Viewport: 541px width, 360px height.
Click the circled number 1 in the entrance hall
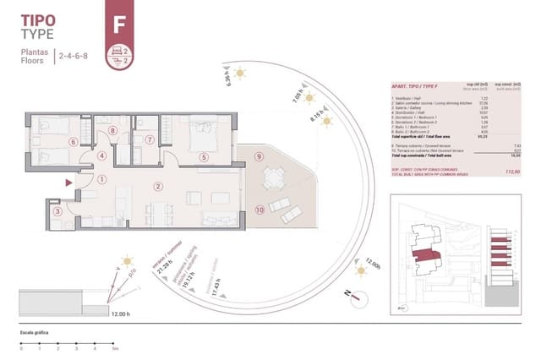click(101, 179)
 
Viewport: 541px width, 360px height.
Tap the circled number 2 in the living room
click(157, 186)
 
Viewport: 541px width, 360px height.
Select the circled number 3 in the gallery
click(57, 212)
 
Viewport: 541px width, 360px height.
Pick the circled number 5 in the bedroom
click(204, 156)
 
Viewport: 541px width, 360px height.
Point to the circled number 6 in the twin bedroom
click(74, 142)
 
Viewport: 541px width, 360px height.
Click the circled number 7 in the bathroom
click(150, 140)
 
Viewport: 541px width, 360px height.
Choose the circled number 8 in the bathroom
click(112, 131)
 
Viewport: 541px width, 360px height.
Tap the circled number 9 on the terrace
click(260, 156)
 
